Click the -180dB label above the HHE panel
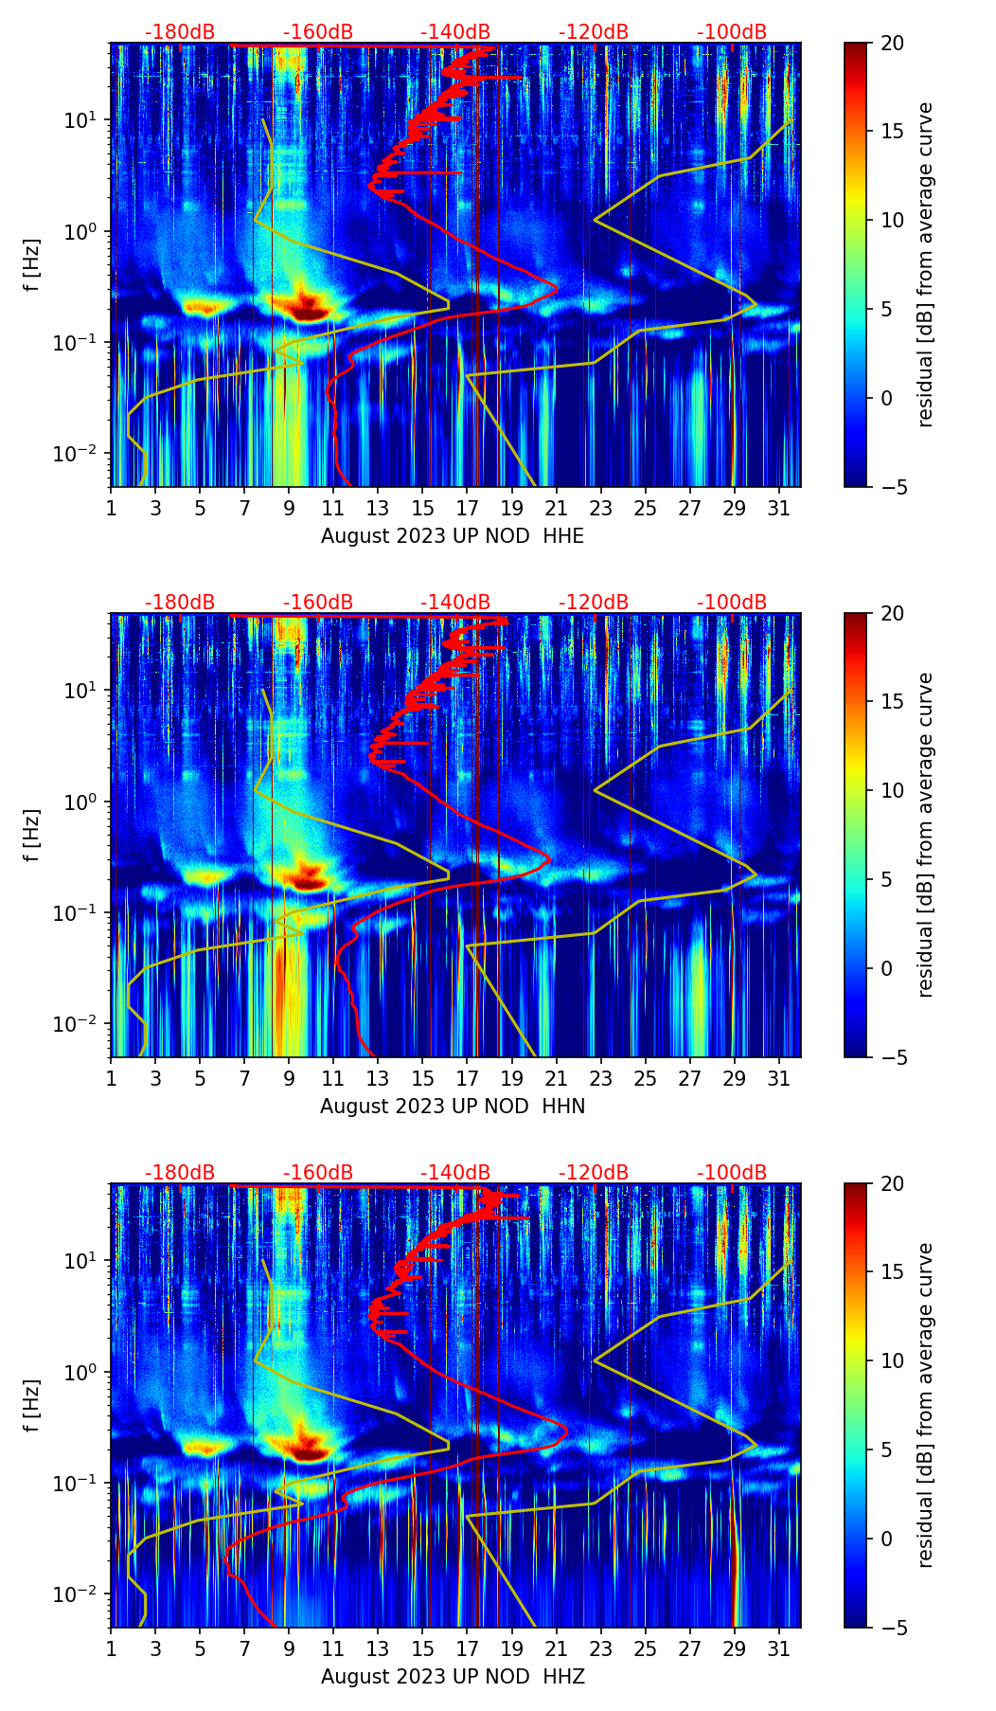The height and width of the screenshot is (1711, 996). (180, 32)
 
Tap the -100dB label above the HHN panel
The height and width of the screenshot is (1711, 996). (732, 603)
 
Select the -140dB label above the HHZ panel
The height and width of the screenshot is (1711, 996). (455, 1173)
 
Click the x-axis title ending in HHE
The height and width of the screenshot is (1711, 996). (453, 536)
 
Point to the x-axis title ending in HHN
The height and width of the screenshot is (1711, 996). (453, 1107)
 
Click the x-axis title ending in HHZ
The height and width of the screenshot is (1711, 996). (453, 1677)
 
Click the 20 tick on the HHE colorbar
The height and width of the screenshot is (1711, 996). (892, 43)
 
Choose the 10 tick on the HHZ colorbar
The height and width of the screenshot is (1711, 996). (892, 1360)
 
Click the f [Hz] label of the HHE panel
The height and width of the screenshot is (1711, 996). (33, 265)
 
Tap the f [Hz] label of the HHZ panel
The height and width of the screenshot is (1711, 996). (33, 1406)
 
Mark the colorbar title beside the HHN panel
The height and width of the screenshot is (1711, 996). (925, 835)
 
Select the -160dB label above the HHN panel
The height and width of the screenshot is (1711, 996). (318, 603)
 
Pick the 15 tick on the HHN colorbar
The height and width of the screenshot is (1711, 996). (892, 701)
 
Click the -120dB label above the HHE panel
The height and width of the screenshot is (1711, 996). (594, 32)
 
